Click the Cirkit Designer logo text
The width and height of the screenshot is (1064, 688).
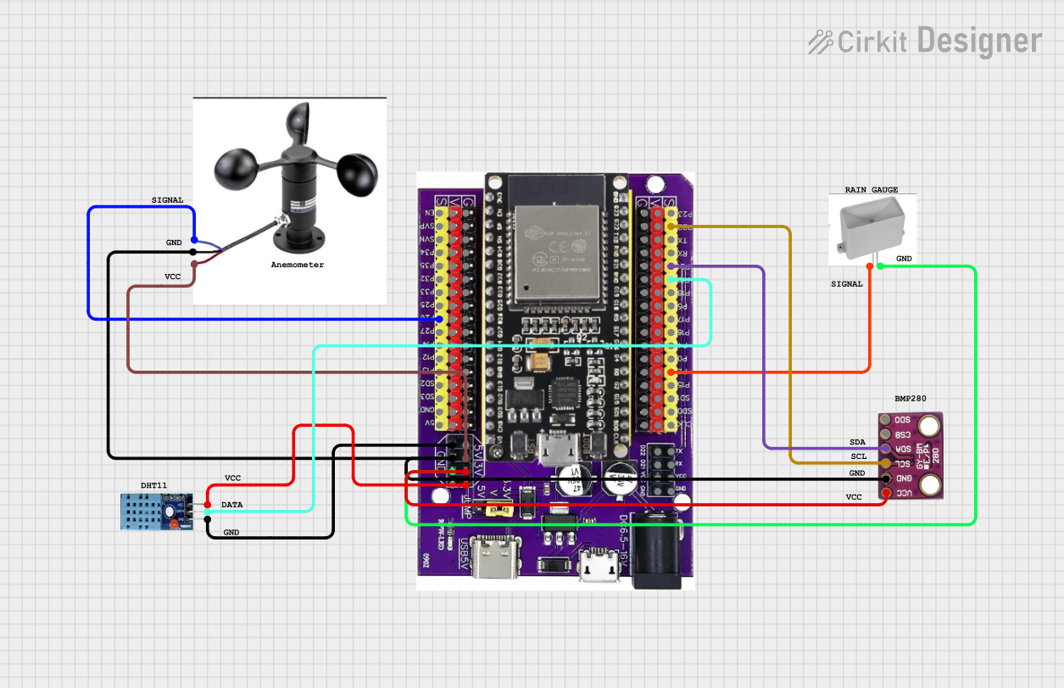926,41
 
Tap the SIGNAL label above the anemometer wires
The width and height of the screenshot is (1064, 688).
167,200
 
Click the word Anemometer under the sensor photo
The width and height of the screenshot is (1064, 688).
297,265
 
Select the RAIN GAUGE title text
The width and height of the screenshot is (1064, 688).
871,190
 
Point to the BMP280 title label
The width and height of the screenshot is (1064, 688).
911,398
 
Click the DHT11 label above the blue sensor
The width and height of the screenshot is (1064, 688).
153,485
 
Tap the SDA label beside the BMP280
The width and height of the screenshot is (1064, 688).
857,443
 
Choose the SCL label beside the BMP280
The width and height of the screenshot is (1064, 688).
858,456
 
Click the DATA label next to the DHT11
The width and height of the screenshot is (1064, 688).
231,505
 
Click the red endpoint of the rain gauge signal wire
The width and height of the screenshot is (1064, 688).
870,266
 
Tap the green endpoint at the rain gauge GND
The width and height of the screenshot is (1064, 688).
880,266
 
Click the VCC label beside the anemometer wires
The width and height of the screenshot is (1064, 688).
172,277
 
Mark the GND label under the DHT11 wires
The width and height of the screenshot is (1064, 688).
231,532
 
